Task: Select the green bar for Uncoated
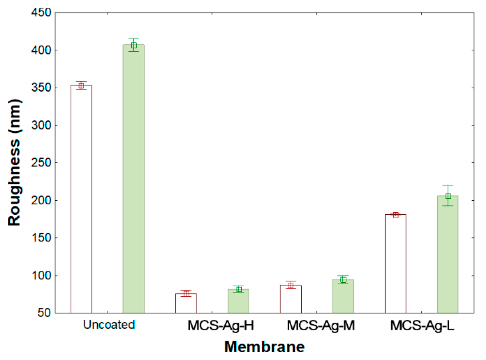point(134,179)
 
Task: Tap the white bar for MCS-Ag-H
point(186,303)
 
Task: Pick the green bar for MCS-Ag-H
point(238,301)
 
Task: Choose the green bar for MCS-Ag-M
point(343,296)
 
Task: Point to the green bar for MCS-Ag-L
point(448,254)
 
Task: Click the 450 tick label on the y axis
point(41,13)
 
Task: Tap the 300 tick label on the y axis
point(41,125)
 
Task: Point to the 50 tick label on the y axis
point(44,313)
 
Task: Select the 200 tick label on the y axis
point(41,200)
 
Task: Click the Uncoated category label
point(109,325)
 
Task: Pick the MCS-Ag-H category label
point(221,325)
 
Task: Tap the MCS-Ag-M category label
point(321,325)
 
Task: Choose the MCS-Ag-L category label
point(422,325)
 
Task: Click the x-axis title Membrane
point(264,347)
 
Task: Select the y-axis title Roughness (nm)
point(14,163)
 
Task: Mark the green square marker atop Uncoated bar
point(134,45)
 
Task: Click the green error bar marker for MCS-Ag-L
point(448,196)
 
